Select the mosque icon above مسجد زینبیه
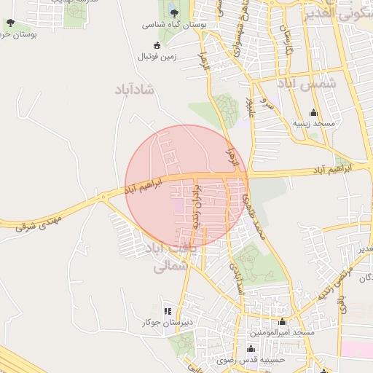(x=314, y=112)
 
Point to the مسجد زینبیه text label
(x=314, y=125)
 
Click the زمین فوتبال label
(x=157, y=56)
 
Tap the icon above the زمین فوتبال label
(x=157, y=44)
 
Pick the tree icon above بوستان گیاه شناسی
(x=173, y=12)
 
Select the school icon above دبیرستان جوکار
(x=168, y=310)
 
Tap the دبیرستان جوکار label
(x=168, y=322)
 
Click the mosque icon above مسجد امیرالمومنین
(x=283, y=321)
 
